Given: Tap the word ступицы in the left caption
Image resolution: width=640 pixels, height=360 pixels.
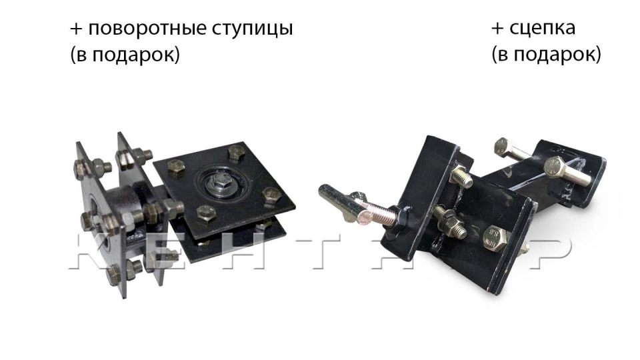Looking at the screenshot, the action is click(252, 29).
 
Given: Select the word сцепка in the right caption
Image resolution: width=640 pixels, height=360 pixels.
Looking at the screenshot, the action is click(543, 28).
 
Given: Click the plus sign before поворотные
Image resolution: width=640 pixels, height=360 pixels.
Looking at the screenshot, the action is click(76, 29).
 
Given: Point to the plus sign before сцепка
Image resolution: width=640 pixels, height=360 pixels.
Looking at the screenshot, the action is click(497, 29).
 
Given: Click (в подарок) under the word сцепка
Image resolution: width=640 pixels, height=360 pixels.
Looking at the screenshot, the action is click(546, 54).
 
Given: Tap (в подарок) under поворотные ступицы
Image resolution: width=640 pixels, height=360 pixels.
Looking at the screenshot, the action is click(125, 54).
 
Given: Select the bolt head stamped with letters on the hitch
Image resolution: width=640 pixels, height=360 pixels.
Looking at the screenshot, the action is click(495, 238).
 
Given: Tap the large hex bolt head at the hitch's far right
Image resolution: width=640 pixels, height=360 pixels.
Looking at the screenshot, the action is click(555, 167).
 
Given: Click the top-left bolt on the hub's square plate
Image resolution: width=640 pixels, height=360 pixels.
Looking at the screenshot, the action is click(176, 168).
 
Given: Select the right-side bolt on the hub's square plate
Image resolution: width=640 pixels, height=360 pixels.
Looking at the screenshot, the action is click(271, 195).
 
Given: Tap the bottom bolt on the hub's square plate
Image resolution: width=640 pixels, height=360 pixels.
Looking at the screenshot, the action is click(207, 213).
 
